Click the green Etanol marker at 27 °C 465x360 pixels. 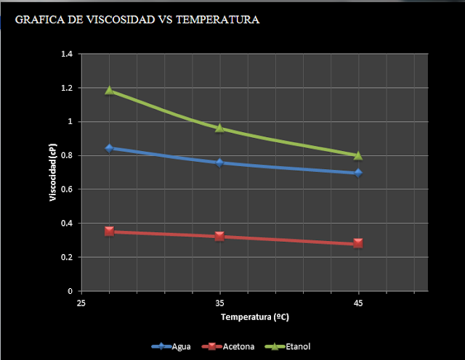point(110,90)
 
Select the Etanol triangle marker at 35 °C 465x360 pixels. point(219,128)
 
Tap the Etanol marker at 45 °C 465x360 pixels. point(358,155)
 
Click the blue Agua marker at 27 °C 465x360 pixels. point(110,148)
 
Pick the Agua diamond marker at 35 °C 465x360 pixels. point(219,163)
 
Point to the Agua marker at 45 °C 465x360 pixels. point(358,173)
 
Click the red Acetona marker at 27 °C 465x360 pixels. point(110,232)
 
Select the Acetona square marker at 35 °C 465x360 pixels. point(219,236)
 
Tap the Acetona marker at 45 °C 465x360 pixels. point(358,243)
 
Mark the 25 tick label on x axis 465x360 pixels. point(82,300)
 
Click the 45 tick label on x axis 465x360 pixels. point(358,300)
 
